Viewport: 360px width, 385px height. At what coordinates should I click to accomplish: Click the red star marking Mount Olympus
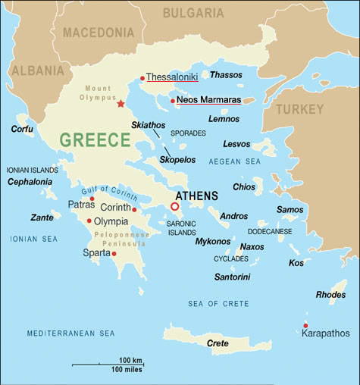click(x=120, y=103)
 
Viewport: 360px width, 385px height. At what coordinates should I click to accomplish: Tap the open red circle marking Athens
click(x=174, y=206)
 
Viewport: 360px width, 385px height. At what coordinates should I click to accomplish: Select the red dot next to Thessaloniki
click(x=142, y=78)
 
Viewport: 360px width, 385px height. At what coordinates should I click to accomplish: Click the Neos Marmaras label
click(x=205, y=100)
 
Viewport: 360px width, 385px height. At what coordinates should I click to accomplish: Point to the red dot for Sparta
click(x=114, y=253)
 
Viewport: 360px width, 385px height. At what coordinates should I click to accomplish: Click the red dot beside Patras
click(x=92, y=199)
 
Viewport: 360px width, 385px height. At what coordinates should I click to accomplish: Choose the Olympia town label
click(x=111, y=221)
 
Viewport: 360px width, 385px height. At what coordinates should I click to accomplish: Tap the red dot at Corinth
click(x=134, y=209)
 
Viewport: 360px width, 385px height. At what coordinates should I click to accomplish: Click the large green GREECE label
click(x=95, y=140)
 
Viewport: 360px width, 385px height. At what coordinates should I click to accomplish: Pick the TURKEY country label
click(x=299, y=109)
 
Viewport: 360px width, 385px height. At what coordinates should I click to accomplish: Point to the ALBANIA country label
click(x=36, y=71)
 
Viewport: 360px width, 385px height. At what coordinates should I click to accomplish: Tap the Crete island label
click(x=218, y=343)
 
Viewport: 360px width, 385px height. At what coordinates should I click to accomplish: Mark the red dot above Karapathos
click(x=305, y=325)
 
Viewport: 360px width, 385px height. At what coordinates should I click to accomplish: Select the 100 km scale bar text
click(x=131, y=359)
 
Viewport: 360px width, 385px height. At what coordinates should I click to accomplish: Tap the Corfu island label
click(x=22, y=129)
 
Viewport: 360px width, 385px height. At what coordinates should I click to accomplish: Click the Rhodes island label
click(x=330, y=295)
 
